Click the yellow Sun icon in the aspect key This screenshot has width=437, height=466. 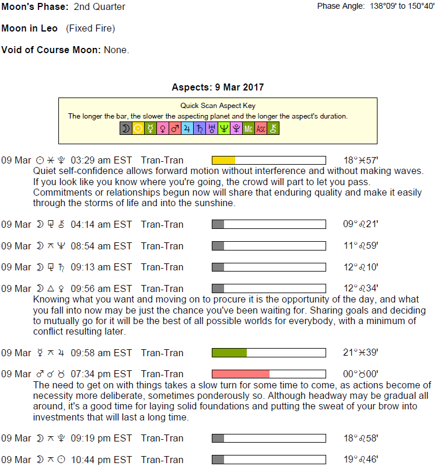click(138, 128)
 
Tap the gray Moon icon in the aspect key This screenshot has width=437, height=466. click(125, 128)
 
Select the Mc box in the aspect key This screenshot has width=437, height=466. click(249, 128)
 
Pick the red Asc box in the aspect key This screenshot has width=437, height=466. click(261, 128)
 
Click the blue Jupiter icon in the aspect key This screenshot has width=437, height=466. click(187, 128)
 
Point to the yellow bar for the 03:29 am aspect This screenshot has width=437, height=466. click(223, 160)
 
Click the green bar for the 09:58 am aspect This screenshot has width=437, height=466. click(229, 353)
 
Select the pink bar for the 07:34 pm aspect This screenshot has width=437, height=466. click(240, 374)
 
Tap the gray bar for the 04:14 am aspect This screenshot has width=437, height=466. click(218, 224)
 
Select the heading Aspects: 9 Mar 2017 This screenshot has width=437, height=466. click(218, 88)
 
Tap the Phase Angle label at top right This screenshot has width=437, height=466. click(340, 6)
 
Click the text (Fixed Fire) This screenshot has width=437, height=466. click(90, 28)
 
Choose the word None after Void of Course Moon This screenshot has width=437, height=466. click(116, 50)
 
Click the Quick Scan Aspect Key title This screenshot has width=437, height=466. click(218, 106)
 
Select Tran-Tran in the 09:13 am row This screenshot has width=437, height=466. click(162, 267)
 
